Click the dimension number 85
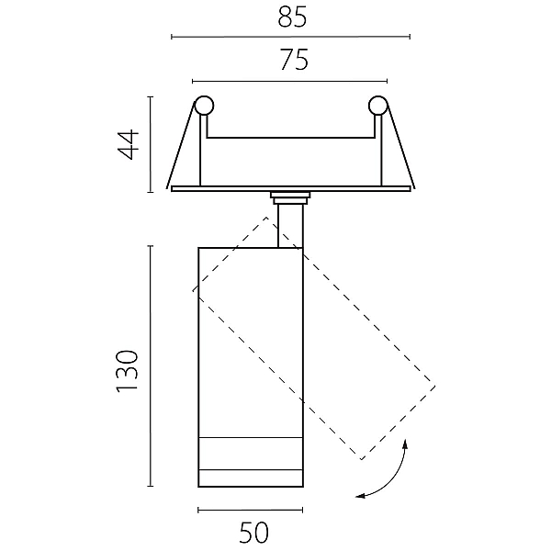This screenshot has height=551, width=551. point(292,17)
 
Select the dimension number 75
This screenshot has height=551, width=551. point(294,60)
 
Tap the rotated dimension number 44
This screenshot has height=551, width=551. point(129,145)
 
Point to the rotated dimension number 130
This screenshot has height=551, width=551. point(126,371)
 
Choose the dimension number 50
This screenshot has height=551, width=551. point(254,533)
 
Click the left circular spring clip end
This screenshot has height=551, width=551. point(204,105)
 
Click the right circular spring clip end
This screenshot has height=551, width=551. point(377,105)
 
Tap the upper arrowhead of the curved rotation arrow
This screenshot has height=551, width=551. point(405,444)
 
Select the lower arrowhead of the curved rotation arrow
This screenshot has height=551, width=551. point(360,496)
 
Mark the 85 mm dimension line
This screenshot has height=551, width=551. point(290,37)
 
